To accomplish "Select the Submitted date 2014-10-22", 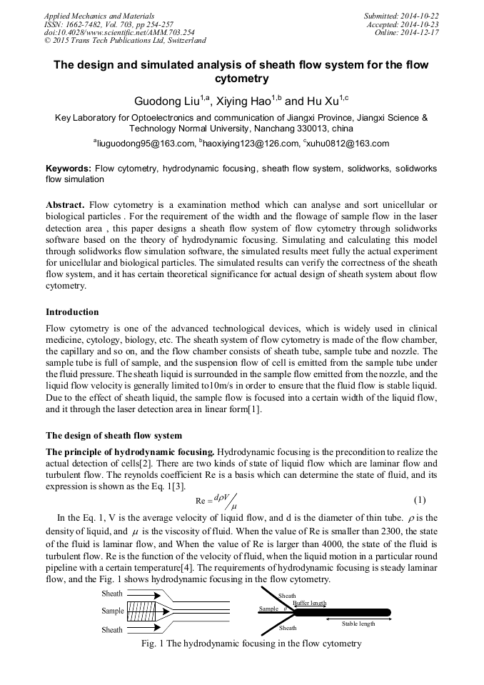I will point(419,15).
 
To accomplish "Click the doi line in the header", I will point(109,32).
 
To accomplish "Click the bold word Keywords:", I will point(69,169).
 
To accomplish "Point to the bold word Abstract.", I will point(67,205).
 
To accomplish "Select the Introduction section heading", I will point(72,312).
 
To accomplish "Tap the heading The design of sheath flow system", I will point(114,435).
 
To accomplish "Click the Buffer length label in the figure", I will point(309,603).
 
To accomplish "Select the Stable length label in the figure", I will point(358,624).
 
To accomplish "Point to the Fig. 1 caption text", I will point(242,644).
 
